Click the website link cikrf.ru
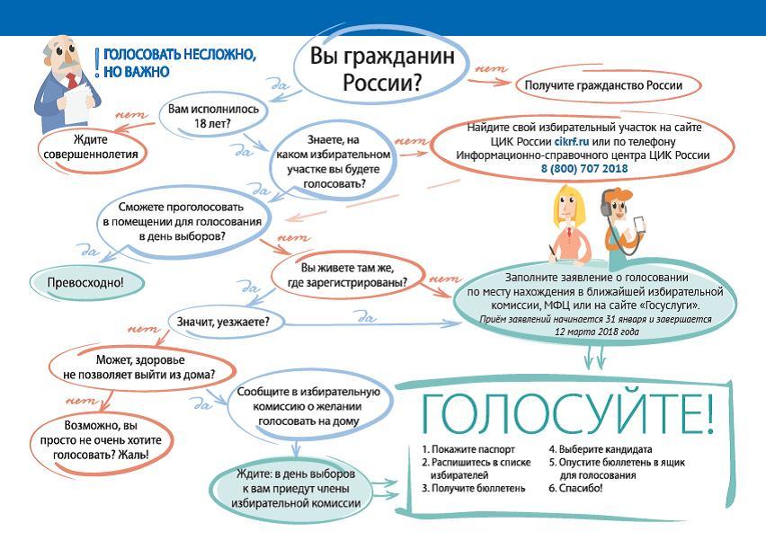(x=572, y=142)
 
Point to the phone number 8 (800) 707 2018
(x=584, y=169)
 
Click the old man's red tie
(x=72, y=80)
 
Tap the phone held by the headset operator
(x=638, y=225)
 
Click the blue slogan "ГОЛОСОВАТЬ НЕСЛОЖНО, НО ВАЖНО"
(x=176, y=63)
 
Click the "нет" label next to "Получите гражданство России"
(x=491, y=69)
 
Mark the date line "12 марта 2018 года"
(x=596, y=332)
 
